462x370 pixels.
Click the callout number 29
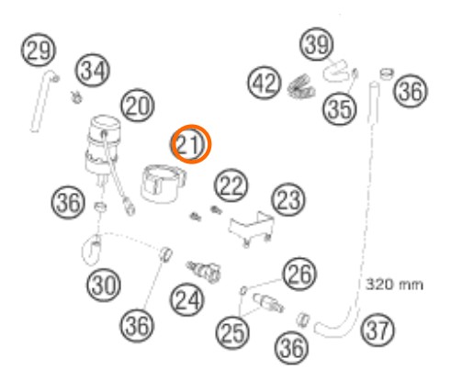click(x=39, y=50)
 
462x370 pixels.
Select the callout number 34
click(x=92, y=71)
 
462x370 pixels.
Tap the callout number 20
click(x=138, y=106)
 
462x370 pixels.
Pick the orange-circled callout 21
click(x=191, y=144)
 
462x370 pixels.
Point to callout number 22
click(x=231, y=185)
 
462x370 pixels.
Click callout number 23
click(x=288, y=199)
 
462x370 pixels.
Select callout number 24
click(x=187, y=299)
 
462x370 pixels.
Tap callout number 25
click(x=232, y=332)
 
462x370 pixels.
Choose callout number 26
click(x=299, y=274)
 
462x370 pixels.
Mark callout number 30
click(x=104, y=285)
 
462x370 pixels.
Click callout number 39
click(x=316, y=44)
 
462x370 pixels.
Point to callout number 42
click(x=265, y=83)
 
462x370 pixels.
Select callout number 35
click(x=340, y=108)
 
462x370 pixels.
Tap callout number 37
click(x=377, y=330)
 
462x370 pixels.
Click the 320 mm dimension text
click(x=395, y=285)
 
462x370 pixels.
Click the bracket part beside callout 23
click(x=251, y=229)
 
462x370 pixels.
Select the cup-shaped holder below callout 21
click(x=163, y=184)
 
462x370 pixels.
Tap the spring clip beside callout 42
click(x=301, y=86)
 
